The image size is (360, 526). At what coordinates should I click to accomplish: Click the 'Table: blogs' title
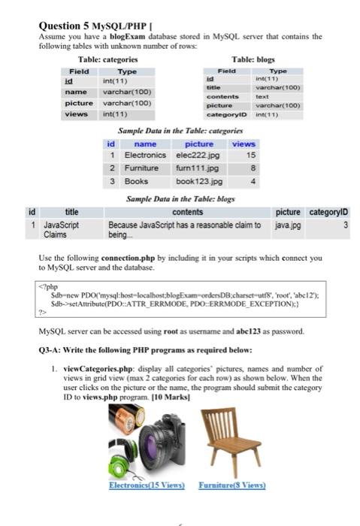point(253,59)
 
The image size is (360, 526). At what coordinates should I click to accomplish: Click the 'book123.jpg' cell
point(195,181)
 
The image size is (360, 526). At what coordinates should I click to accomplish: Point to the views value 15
point(251,155)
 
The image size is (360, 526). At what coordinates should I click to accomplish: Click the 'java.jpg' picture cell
point(286,224)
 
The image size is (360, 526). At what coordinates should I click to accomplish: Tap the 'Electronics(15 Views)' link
point(147,486)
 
